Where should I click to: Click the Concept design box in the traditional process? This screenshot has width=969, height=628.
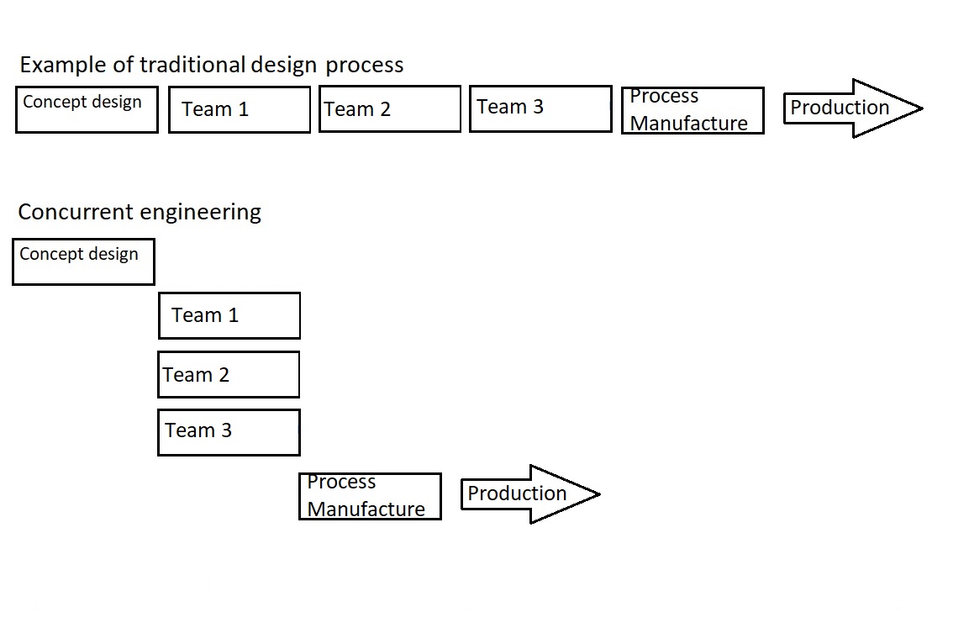pos(87,109)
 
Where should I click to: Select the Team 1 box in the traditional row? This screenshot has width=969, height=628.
pos(240,109)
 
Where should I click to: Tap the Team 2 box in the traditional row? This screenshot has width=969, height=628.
pos(390,109)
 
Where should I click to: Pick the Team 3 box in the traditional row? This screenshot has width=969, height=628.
pos(540,108)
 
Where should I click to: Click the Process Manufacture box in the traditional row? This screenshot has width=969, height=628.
pos(693,110)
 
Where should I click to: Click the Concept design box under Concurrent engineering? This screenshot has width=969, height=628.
pos(83,261)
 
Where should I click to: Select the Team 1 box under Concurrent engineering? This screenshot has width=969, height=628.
pos(229,315)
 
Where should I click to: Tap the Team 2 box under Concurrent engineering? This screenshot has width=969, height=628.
pos(229,375)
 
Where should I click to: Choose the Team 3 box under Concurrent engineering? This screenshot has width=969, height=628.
pos(229,432)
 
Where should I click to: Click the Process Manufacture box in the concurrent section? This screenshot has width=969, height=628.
pos(370,496)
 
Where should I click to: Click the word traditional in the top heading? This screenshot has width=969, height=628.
pos(193,65)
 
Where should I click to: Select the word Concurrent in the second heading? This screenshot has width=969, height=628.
pos(76,212)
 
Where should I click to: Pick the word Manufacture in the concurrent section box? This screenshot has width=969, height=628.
pos(366,509)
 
